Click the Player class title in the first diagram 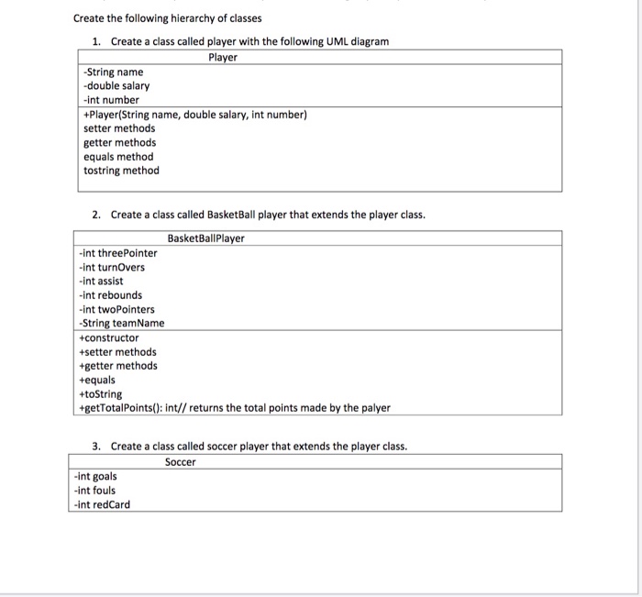click(222, 58)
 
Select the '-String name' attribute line click(113, 72)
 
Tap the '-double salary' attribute click(116, 85)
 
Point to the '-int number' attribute click(111, 100)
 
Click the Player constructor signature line click(194, 115)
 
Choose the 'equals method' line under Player click(118, 157)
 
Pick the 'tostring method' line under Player click(121, 171)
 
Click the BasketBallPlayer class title click(206, 238)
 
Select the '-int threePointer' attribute click(118, 253)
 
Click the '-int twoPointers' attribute click(116, 310)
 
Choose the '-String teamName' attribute click(122, 324)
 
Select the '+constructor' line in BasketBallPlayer click(109, 337)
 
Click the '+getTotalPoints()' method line click(235, 408)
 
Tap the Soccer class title click(181, 462)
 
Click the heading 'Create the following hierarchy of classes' click(167, 18)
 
